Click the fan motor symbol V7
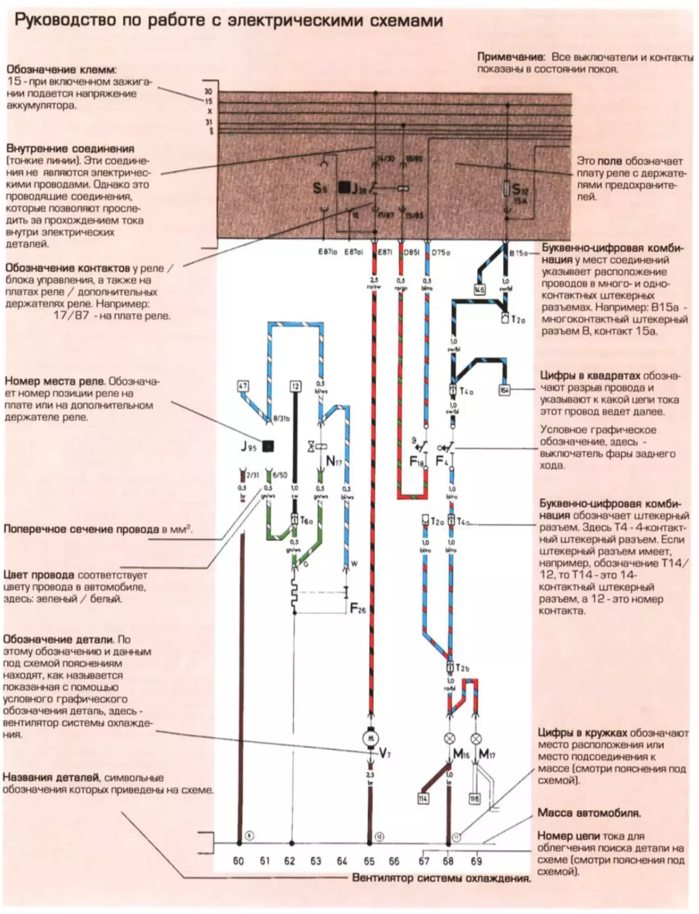[x=371, y=737]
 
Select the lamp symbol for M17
[x=476, y=739]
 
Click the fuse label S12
[x=520, y=189]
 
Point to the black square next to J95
[x=268, y=446]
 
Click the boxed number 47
[x=243, y=386]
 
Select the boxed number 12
[x=295, y=387]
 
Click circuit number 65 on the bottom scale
[x=369, y=861]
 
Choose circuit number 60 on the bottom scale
[x=238, y=861]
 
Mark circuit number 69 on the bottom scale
[x=476, y=861]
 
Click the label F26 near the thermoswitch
[x=358, y=610]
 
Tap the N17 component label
[x=334, y=461]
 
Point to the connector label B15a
[x=518, y=252]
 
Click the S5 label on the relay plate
[x=320, y=188]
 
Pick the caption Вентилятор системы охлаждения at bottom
[x=441, y=878]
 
